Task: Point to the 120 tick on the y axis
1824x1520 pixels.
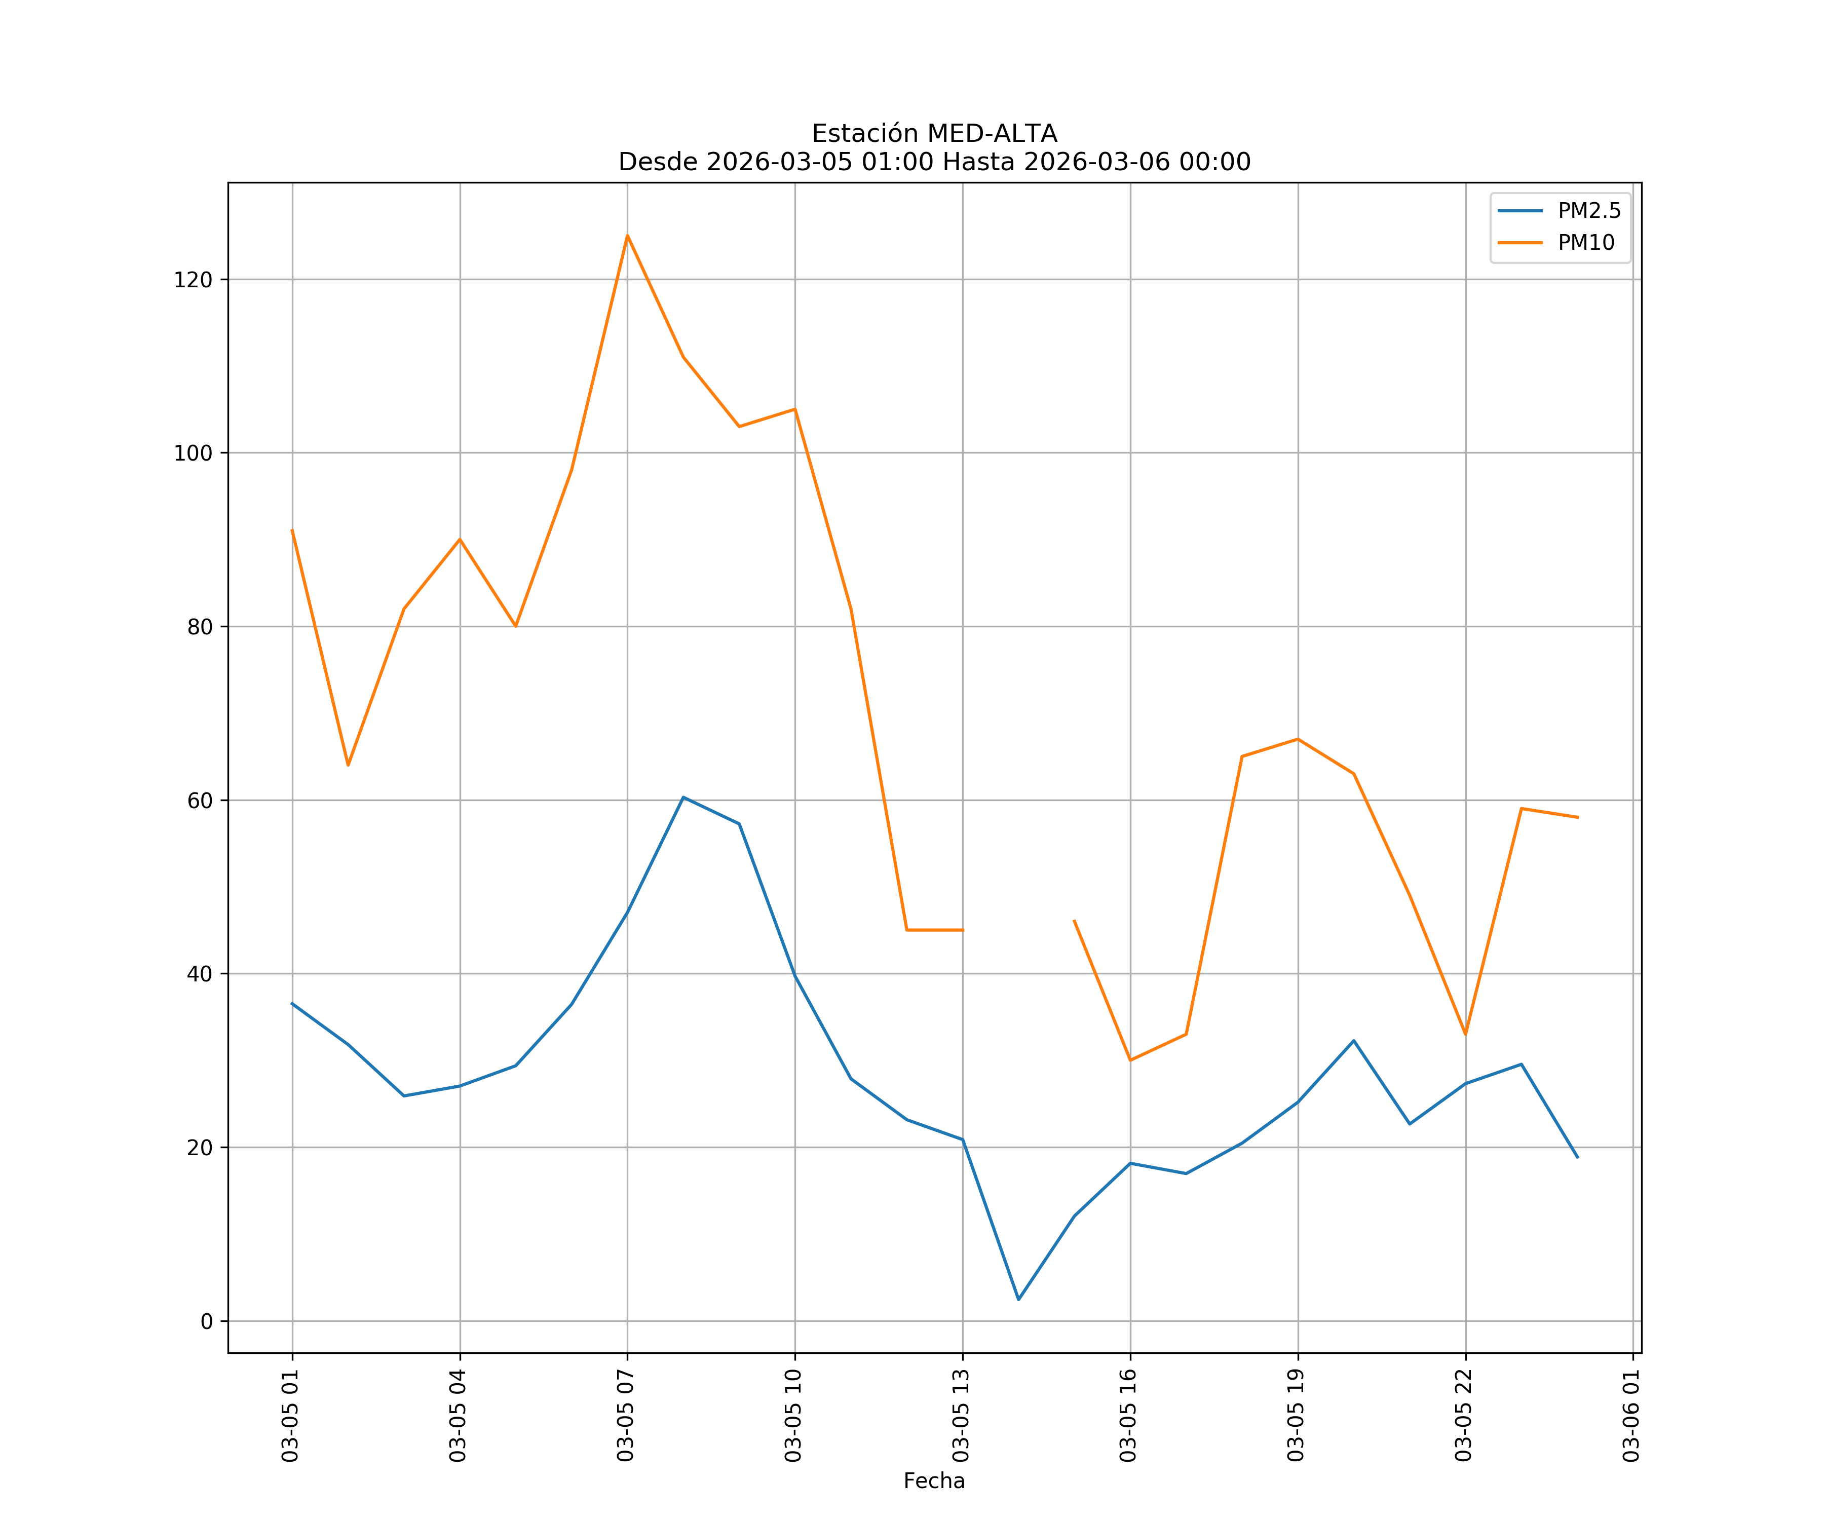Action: (193, 280)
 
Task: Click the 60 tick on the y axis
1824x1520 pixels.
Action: (199, 800)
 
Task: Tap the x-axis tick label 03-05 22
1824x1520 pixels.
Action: (1464, 1415)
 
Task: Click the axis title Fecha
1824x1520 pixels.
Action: (934, 1481)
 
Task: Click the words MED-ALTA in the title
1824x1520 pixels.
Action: (992, 134)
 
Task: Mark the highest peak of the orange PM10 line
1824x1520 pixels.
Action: (627, 236)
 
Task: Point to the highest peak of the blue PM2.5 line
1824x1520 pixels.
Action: (683, 796)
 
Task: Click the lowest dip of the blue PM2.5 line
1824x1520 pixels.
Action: (1019, 1300)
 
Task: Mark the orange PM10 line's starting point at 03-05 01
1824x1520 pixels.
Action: (292, 530)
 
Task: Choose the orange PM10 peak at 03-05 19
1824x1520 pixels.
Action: (1298, 739)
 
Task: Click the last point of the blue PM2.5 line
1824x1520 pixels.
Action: (1577, 1157)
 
